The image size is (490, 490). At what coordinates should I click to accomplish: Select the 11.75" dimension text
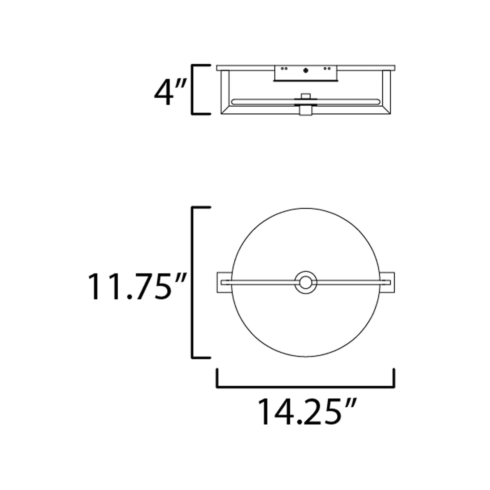click(x=137, y=286)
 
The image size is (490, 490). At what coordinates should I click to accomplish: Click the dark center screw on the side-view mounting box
click(x=306, y=71)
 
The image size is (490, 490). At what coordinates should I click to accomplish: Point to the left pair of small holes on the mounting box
click(x=284, y=68)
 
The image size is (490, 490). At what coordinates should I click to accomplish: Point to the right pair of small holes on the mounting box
click(x=327, y=68)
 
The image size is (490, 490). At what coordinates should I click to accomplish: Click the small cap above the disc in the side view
click(x=306, y=96)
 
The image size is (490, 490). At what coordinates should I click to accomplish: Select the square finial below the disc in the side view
click(x=306, y=111)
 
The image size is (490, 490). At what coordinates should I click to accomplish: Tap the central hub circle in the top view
click(x=306, y=283)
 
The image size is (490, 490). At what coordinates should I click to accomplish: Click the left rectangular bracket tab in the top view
click(x=224, y=283)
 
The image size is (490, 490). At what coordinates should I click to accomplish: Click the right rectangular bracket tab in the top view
click(x=387, y=283)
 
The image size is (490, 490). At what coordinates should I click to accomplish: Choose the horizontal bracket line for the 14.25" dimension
click(x=306, y=387)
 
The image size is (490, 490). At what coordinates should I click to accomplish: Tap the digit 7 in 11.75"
click(x=145, y=286)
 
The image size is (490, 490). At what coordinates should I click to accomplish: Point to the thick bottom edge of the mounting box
click(x=306, y=81)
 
